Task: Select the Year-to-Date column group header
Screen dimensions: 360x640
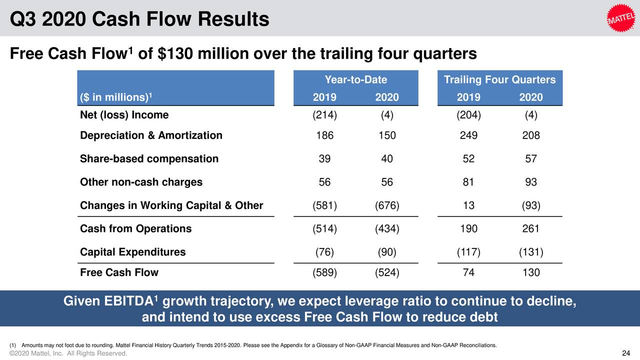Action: tap(355, 80)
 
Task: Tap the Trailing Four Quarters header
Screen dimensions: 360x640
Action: tap(499, 80)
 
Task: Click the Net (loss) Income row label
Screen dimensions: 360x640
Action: tap(124, 115)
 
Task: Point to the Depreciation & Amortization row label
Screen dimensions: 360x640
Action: tap(151, 135)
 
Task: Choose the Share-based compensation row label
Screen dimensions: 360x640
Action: tap(149, 159)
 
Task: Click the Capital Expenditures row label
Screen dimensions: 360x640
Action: tap(132, 252)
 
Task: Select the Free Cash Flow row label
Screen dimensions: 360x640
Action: tap(119, 272)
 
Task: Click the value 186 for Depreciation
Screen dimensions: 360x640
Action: tap(324, 135)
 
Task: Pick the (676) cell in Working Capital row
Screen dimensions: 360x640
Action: tap(386, 205)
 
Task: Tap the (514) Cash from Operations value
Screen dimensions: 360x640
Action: tap(324, 229)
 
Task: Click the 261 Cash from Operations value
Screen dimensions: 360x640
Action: tap(530, 229)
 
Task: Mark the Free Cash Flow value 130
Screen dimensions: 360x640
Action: tap(530, 272)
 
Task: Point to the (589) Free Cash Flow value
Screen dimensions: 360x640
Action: tap(324, 272)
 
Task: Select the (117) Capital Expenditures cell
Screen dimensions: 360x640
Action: tap(468, 252)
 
